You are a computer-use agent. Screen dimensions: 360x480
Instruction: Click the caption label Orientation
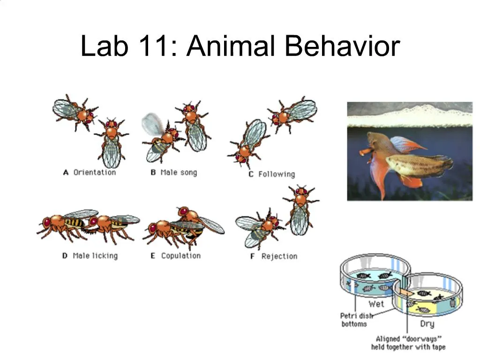tap(94, 172)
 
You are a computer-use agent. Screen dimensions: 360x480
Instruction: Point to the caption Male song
tap(179, 172)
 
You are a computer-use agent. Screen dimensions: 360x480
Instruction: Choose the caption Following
tap(277, 174)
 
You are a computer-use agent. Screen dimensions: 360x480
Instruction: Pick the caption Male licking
tap(95, 256)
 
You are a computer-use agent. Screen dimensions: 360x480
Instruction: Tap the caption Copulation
tap(180, 256)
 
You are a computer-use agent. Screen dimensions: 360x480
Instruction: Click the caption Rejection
tap(279, 256)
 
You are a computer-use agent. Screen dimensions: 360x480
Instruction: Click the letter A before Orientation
tap(66, 172)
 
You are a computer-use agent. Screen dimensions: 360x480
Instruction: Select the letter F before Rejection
tap(252, 256)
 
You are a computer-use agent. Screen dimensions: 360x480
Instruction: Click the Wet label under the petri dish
tap(376, 304)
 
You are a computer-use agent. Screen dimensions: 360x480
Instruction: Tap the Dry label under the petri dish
tap(427, 324)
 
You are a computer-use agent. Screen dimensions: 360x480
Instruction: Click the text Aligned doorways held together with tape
tap(408, 343)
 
